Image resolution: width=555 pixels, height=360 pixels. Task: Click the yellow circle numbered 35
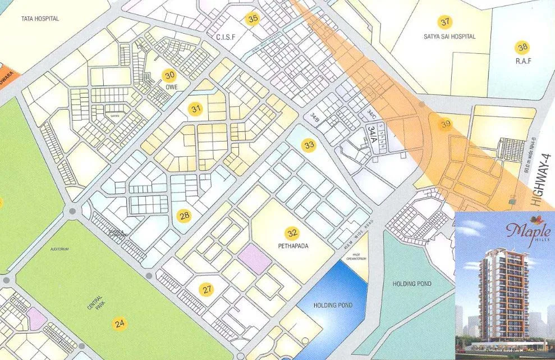pos(253,19)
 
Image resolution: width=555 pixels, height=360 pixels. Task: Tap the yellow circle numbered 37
pos(445,22)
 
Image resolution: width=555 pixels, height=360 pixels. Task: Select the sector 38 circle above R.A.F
pos(523,47)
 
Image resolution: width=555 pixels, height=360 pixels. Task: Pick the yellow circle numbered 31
pos(195,109)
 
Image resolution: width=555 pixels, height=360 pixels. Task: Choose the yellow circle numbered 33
pos(309,145)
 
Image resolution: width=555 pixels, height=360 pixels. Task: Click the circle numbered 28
pos(185,215)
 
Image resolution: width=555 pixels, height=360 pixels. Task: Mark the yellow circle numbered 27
pos(208,290)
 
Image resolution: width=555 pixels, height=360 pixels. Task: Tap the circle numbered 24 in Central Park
pos(120,323)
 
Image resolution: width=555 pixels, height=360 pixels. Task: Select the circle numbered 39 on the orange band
pos(446,124)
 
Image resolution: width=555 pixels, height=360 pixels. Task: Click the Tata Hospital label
pos(40,19)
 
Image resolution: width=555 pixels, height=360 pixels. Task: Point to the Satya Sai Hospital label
pos(449,37)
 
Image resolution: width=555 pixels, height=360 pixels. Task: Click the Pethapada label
pos(293,245)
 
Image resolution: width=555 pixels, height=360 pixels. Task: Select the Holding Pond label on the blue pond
pos(333,305)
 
